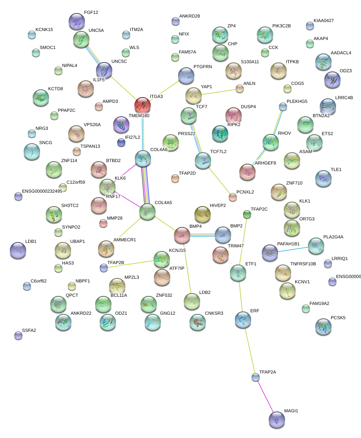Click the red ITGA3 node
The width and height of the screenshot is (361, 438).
pos(143,106)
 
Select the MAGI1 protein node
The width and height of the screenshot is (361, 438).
pos(277,420)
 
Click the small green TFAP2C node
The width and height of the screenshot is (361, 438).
pos(247,214)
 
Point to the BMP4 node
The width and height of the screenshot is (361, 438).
pos(182,235)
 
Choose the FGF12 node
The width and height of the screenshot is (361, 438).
pos(76,21)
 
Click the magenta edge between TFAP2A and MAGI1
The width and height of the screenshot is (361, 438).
pos(266,398)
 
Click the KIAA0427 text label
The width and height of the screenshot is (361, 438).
pos(324,20)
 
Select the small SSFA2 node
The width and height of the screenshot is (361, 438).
pos(18,336)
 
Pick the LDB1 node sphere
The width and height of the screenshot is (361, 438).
pos(18,250)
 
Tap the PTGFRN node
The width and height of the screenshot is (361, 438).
pos(186,76)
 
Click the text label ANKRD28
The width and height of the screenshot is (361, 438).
pos(189,16)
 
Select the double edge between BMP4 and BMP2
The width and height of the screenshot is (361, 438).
pos(203,234)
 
